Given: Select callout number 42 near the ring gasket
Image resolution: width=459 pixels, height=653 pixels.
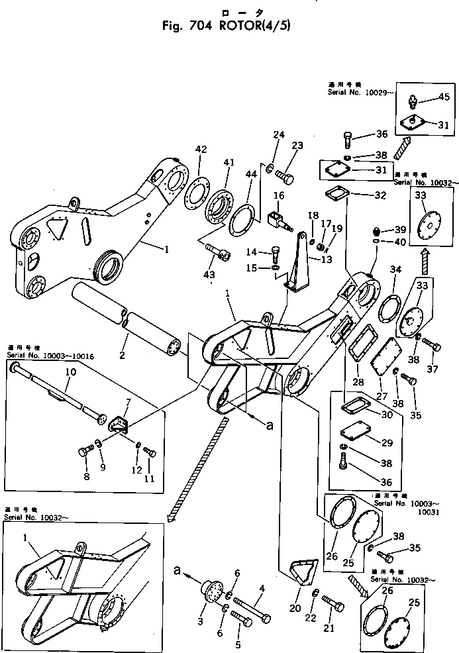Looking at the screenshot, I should pyautogui.click(x=201, y=150).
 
